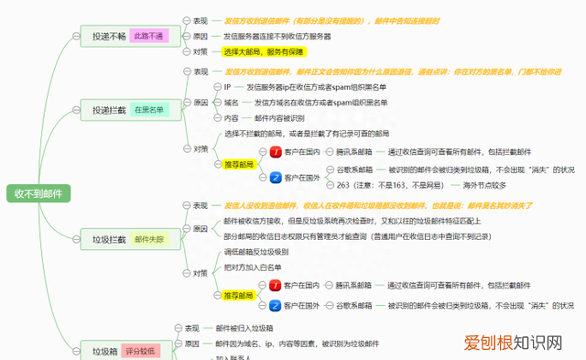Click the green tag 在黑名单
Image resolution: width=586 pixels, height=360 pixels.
point(148,110)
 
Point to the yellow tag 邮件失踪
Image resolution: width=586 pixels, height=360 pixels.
point(149,239)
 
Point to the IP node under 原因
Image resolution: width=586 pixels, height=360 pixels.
point(228,87)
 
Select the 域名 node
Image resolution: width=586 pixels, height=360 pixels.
point(232,103)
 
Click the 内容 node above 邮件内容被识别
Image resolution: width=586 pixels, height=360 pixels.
point(232,118)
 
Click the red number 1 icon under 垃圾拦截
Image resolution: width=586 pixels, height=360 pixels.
point(275,286)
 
